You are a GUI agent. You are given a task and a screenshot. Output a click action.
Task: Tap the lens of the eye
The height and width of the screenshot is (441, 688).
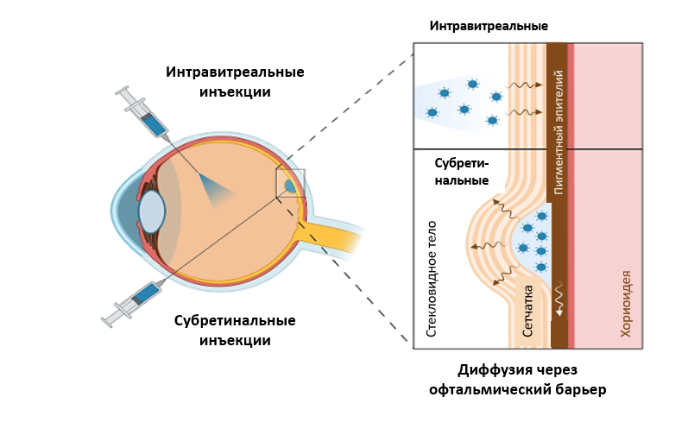point(151,211)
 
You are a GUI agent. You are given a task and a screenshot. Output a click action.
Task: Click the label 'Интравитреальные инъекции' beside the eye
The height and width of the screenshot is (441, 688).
point(235,81)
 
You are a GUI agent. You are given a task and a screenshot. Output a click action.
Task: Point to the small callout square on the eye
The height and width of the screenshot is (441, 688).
point(290,183)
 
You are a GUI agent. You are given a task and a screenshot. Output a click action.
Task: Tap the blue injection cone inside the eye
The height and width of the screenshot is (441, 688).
point(211,188)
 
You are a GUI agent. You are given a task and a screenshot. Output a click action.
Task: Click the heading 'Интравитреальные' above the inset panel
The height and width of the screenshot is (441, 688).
point(489,26)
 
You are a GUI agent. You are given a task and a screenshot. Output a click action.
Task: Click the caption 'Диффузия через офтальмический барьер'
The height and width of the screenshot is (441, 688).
point(518,381)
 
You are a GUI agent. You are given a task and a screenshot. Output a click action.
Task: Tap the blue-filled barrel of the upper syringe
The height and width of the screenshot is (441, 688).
point(155,124)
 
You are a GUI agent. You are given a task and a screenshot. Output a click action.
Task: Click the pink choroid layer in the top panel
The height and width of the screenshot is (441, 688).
point(608,95)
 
